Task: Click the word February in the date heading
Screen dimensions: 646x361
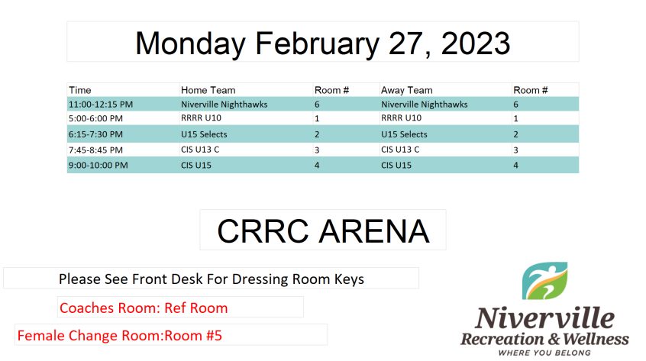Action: tap(317, 44)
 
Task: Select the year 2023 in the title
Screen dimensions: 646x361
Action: tap(476, 44)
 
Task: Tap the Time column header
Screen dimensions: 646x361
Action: tap(80, 90)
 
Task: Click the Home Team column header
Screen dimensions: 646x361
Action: tap(208, 90)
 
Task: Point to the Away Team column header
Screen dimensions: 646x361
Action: tap(407, 90)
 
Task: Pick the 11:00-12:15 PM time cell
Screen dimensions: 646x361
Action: tap(101, 105)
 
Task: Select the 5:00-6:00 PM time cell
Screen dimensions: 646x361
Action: tap(95, 118)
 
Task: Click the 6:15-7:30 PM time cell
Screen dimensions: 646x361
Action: tap(95, 134)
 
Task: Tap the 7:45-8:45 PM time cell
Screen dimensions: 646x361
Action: tap(95, 150)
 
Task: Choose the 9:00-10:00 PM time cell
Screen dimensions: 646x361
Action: tap(98, 166)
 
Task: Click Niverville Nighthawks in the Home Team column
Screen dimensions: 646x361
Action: tap(224, 105)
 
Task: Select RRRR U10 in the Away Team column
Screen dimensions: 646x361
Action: tap(402, 118)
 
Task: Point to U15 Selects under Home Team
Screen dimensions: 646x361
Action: tap(204, 134)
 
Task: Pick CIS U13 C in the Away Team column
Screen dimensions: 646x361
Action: tap(400, 150)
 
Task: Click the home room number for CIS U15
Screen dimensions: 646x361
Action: tap(317, 166)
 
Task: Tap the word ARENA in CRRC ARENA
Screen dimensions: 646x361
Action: tap(374, 231)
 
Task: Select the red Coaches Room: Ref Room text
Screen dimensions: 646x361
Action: tap(144, 308)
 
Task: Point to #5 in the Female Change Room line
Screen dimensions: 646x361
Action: tap(214, 336)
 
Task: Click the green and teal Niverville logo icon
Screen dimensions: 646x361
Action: tap(544, 281)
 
